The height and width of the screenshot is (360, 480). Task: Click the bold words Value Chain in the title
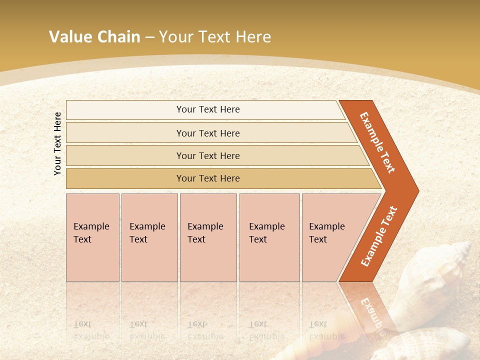[x=94, y=37]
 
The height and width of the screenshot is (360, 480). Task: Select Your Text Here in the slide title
[x=215, y=37]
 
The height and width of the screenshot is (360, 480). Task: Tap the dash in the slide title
[x=149, y=37]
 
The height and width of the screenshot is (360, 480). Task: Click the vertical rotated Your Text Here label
[x=58, y=143]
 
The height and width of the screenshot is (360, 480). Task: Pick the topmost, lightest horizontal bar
[x=208, y=109]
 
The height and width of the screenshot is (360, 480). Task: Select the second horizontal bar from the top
[x=208, y=133]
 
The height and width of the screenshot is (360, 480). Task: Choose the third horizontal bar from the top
[x=208, y=155]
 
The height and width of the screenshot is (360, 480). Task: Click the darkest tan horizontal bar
[x=208, y=178]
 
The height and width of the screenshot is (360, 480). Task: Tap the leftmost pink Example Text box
[x=92, y=237]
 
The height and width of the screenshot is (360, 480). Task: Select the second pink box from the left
[x=149, y=237]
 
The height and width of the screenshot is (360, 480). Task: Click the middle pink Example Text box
[x=208, y=237]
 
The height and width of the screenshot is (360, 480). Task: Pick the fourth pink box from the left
[x=269, y=237]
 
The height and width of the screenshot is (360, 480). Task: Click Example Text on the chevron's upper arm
[x=377, y=142]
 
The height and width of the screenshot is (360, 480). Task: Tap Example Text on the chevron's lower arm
[x=379, y=236]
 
